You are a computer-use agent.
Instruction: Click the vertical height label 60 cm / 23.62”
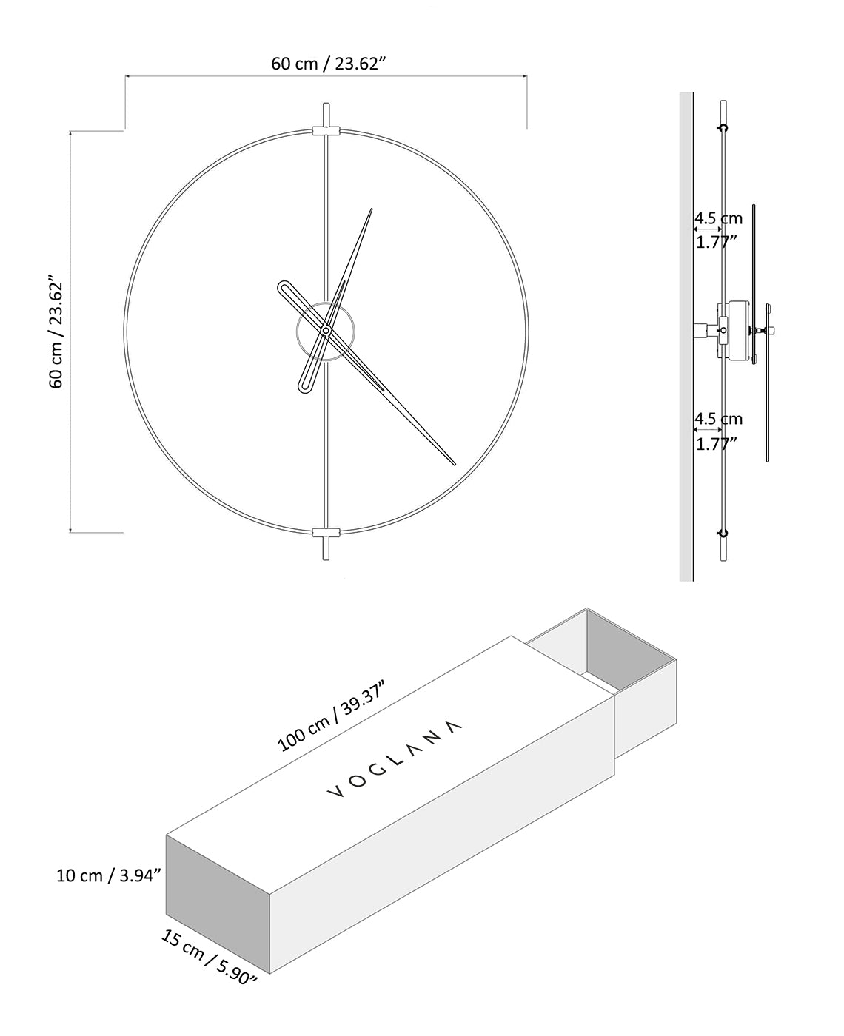coord(57,333)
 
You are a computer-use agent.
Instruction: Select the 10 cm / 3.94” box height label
coord(109,875)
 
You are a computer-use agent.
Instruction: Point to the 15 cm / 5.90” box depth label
coord(209,957)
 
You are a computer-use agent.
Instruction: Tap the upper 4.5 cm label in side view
coord(717,218)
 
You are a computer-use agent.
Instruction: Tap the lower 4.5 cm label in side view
coord(717,419)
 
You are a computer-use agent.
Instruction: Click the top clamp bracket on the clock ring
coord(326,131)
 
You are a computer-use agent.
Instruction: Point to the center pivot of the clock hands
coord(325,330)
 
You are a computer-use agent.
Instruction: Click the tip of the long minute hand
coord(453,464)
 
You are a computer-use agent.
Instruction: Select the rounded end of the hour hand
coord(284,288)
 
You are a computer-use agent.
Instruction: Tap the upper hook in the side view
coord(723,128)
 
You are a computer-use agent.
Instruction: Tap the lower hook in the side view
coord(723,532)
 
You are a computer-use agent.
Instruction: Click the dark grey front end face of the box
coord(218,903)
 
